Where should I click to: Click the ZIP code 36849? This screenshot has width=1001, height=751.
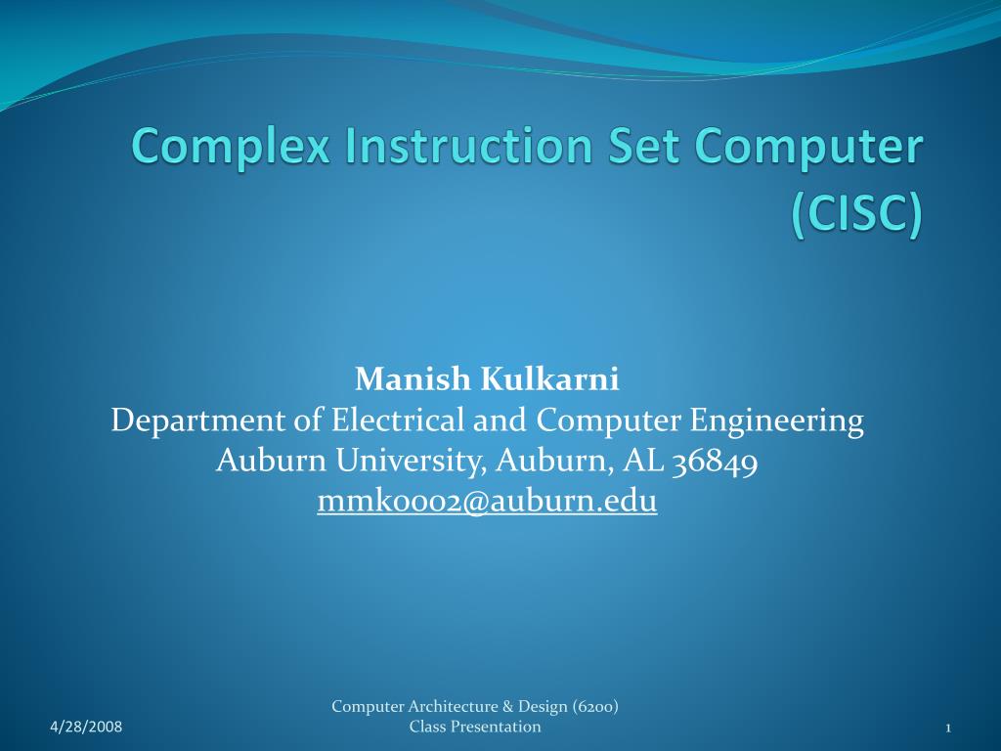tap(716, 461)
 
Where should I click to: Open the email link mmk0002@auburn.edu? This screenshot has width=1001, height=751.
tap(487, 501)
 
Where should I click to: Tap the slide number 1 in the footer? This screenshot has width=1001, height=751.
tap(948, 727)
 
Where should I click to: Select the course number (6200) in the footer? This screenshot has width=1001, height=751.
tap(595, 707)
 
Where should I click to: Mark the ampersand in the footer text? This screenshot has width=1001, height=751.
tap(513, 707)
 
